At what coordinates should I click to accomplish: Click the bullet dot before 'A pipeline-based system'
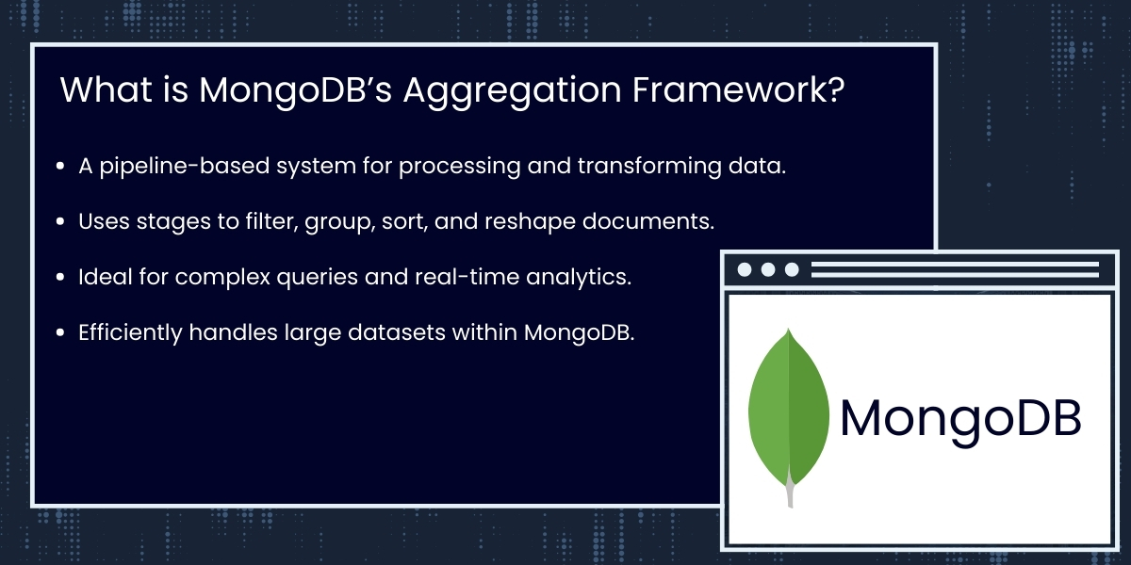(60, 167)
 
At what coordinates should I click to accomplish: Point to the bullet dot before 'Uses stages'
(60, 222)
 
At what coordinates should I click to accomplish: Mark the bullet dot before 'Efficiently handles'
(60, 333)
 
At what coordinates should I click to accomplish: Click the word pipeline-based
(175, 167)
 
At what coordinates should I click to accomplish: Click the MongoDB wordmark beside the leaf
(960, 419)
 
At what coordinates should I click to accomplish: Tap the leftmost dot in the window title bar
(745, 269)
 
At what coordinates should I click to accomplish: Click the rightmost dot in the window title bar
(792, 269)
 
